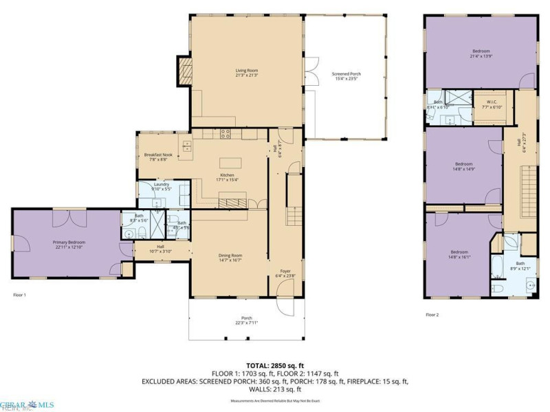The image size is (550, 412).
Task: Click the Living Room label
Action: tap(247, 72)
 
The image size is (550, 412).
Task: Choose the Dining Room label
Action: tap(231, 257)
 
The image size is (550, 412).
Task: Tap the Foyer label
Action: tap(285, 273)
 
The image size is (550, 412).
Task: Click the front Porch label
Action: tap(246, 320)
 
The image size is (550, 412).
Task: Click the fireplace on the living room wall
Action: tap(185, 71)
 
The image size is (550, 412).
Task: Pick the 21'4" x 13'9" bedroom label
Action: tap(481, 53)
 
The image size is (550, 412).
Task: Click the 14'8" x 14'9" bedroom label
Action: tap(463, 165)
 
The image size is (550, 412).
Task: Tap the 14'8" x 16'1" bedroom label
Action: tap(459, 253)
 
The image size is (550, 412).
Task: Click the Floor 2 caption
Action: tap(432, 314)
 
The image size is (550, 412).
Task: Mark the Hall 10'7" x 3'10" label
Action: tap(160, 249)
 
